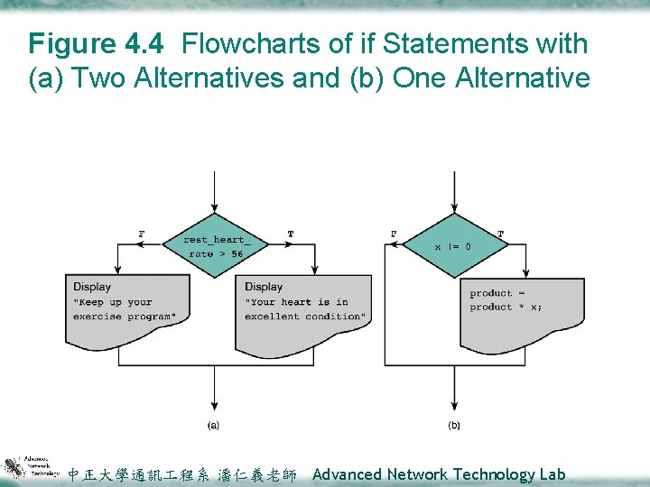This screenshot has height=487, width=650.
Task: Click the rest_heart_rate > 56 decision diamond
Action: click(214, 246)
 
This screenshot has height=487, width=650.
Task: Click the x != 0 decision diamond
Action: click(452, 245)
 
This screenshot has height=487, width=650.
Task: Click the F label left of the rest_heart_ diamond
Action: click(141, 234)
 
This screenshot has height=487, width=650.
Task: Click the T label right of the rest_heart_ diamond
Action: click(290, 234)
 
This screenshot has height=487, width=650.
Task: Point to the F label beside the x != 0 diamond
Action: click(394, 234)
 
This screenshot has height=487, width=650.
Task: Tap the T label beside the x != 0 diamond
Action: click(501, 234)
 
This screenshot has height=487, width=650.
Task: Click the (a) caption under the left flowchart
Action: click(214, 425)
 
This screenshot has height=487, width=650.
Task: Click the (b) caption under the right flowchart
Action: click(453, 425)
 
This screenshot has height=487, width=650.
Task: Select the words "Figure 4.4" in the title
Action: click(97, 43)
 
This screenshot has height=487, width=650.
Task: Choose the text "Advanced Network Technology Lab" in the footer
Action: click(439, 474)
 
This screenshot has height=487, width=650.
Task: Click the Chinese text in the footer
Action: click(181, 474)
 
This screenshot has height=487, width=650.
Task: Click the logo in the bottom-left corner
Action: click(30, 466)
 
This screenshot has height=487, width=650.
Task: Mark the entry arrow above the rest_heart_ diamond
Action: click(214, 194)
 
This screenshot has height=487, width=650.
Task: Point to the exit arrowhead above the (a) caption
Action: click(214, 405)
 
